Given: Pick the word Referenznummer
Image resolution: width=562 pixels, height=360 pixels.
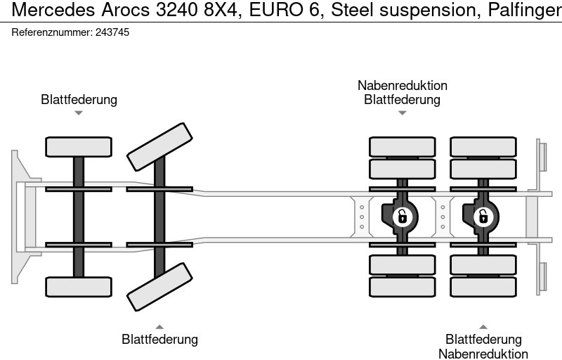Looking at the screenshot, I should pos(51,32).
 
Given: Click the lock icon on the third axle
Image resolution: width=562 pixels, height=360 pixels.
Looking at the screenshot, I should pos(402,216).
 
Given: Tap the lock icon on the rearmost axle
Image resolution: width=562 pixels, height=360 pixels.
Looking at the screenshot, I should pos(483,216).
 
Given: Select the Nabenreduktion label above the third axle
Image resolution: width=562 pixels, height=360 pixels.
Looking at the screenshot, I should pos(402,85).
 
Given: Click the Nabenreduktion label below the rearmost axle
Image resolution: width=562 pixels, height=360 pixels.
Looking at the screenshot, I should pos(483,354).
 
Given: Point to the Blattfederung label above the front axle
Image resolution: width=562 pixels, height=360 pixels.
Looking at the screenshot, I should pos(79,99).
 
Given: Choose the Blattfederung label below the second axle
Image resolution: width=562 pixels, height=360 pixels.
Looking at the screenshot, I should pos(159,340).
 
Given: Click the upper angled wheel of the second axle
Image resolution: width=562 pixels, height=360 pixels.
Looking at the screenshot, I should pos(159,146).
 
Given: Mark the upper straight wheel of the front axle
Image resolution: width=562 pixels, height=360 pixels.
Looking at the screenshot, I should pos(79,146).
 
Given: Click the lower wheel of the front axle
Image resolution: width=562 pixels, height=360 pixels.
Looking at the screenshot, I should pos(79,287).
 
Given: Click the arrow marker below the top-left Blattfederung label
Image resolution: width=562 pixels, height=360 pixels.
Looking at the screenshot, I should pos(79,112).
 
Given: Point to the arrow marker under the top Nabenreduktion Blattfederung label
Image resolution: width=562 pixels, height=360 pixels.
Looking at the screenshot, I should pos(402,112).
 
